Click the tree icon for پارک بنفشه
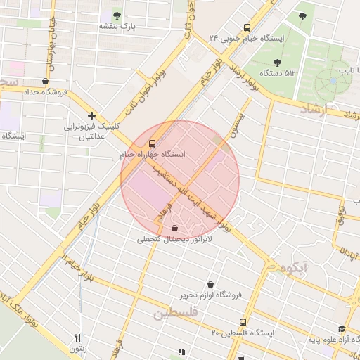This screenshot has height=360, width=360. [x=117, y=14]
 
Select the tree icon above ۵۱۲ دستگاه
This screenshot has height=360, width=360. [x=277, y=62]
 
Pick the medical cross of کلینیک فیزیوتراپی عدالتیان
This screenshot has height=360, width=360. [x=91, y=115]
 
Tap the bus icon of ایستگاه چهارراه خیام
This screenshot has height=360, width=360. [x=153, y=142]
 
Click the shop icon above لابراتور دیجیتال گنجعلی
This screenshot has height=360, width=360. [x=174, y=228]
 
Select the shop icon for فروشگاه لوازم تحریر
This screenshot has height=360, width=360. [x=210, y=284]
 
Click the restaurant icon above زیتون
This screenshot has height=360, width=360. [x=78, y=337]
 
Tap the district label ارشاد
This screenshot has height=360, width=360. [x=319, y=109]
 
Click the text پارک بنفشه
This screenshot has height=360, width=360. [x=116, y=26]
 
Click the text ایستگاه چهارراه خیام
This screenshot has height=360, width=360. [x=153, y=153]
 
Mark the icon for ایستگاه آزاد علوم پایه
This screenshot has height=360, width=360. [x=342, y=328]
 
